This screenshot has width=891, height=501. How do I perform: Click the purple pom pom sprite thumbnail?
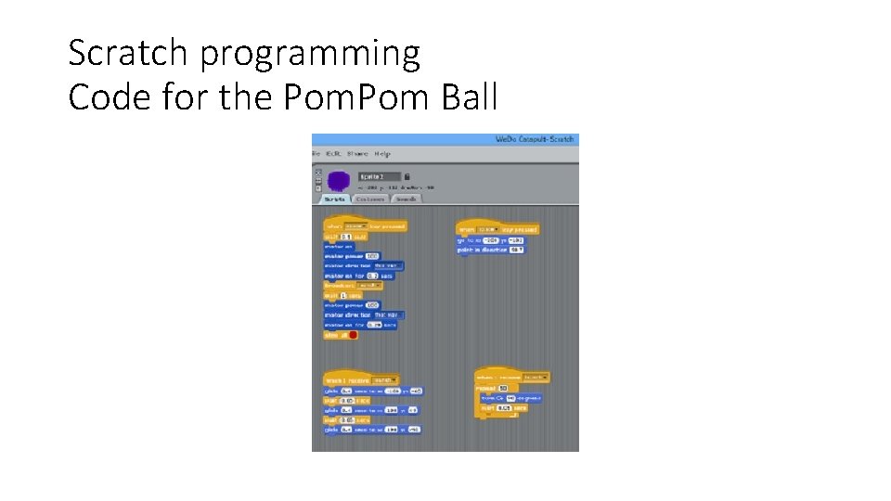(338, 179)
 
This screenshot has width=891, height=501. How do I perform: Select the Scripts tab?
(334, 199)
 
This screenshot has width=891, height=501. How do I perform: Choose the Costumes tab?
(370, 199)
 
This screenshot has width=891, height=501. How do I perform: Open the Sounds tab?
(406, 199)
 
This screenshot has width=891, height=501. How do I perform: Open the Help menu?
(381, 154)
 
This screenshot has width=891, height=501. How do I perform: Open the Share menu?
(357, 154)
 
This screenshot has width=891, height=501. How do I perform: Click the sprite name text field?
(380, 175)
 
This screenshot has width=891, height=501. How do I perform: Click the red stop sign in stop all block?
(353, 335)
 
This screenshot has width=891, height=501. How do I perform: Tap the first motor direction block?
(361, 265)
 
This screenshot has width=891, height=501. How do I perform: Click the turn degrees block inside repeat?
(511, 397)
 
